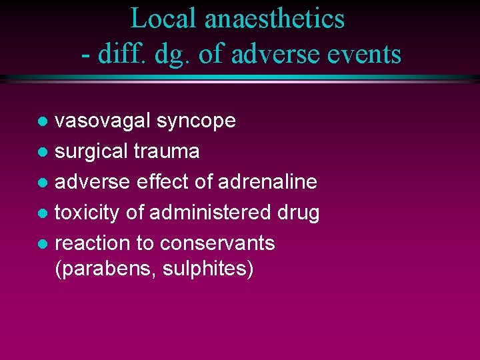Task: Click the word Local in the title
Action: (164, 18)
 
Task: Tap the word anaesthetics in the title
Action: (275, 18)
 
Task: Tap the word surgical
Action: (91, 152)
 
